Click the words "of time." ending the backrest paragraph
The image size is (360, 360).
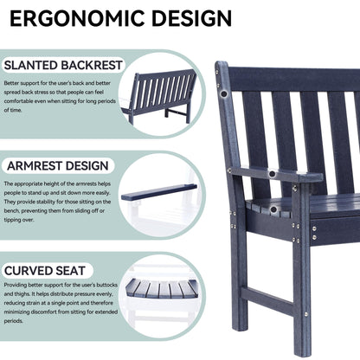tap(15, 111)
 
